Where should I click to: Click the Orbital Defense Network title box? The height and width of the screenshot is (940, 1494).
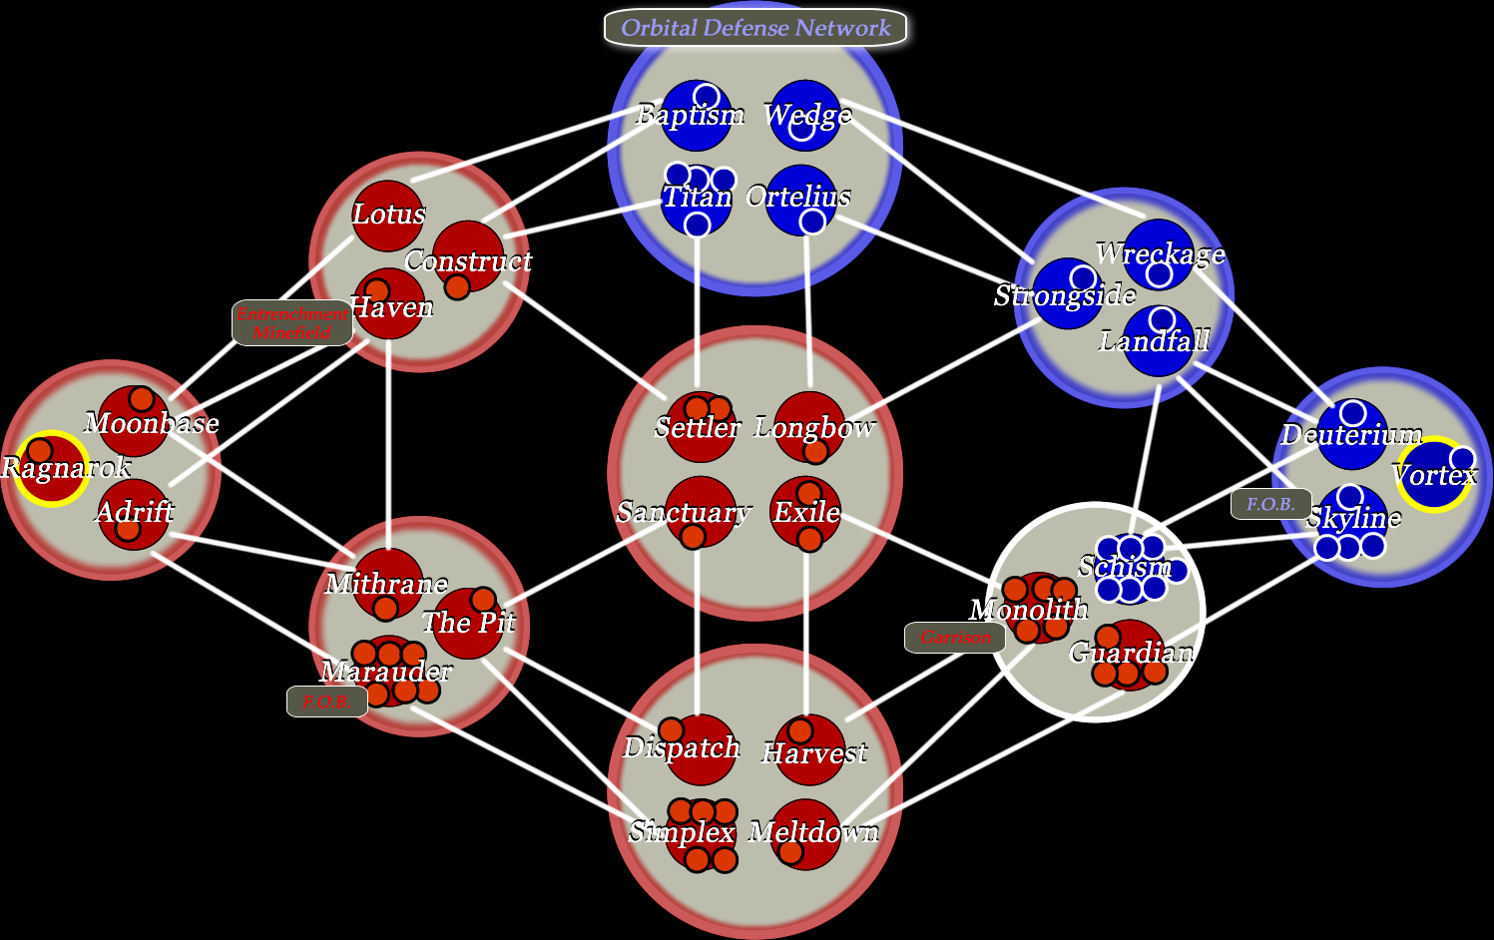[755, 28]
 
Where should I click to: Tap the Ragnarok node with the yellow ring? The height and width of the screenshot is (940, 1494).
[50, 468]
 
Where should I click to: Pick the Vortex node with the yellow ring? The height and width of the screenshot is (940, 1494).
[1432, 474]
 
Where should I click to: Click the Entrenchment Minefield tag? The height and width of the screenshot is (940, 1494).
[291, 322]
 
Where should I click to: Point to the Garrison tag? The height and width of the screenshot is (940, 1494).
[954, 637]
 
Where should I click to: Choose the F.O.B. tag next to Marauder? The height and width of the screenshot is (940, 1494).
[326, 702]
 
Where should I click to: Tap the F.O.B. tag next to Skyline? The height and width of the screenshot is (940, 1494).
[1270, 504]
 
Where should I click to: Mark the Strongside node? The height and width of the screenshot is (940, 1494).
[1067, 294]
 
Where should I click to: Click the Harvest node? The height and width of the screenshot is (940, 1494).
[809, 749]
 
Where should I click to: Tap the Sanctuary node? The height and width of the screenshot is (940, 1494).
[701, 512]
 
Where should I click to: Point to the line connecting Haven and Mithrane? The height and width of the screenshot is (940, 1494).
[388, 439]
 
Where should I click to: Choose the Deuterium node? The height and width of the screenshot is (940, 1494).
[1352, 435]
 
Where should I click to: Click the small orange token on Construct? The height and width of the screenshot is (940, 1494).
[457, 287]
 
